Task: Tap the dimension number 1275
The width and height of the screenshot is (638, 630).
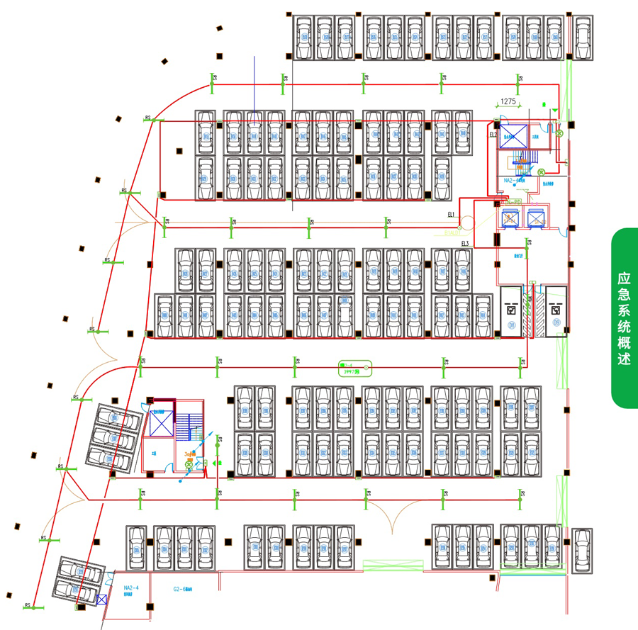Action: click(508, 101)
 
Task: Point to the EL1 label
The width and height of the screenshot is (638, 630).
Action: click(451, 214)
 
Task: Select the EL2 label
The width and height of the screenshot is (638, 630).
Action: click(493, 133)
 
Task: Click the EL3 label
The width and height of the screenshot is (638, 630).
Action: click(465, 244)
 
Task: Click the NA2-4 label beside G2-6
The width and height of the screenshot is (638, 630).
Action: click(131, 588)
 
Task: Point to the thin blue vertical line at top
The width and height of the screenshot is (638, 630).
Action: click(254, 89)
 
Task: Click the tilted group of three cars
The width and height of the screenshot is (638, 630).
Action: click(113, 436)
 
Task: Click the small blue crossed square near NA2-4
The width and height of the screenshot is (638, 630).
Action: click(101, 600)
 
